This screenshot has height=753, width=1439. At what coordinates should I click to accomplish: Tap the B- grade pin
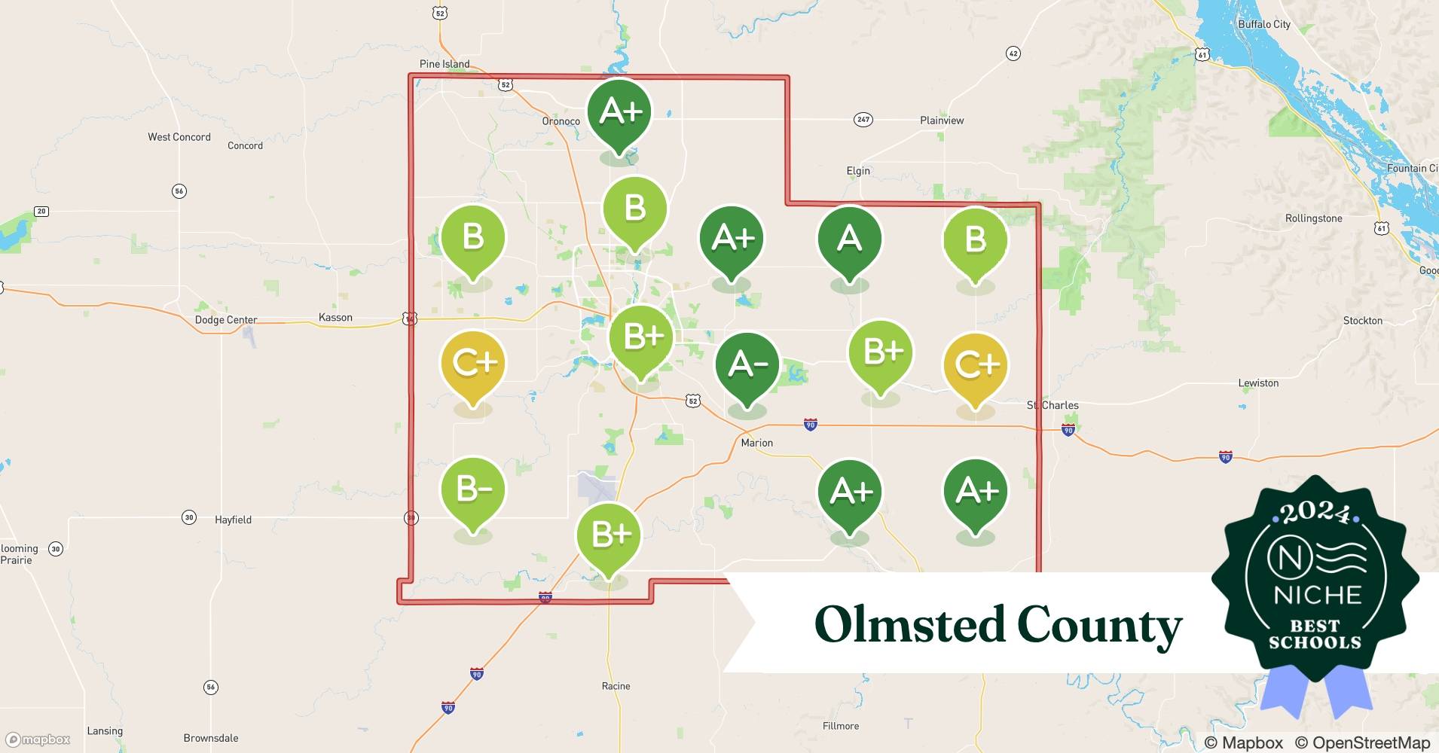[x=473, y=490]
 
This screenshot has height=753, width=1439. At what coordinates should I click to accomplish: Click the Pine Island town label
[x=445, y=64]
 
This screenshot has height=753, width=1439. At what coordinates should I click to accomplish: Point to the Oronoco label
[x=561, y=121]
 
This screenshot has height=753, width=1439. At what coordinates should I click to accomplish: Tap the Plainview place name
[x=942, y=120]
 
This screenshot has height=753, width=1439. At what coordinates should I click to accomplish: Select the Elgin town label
[x=858, y=171]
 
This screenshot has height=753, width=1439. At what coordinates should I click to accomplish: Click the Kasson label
[x=335, y=318]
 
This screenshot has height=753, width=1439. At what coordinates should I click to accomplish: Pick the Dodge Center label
[x=226, y=320]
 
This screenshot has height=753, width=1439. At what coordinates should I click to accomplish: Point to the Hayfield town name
[x=233, y=520]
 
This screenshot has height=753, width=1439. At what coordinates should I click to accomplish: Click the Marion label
[x=756, y=443]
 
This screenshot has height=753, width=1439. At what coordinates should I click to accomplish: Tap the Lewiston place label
[x=1258, y=383]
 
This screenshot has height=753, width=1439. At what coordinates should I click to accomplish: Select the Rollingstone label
[x=1313, y=218]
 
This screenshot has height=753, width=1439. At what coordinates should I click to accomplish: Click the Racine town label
[x=616, y=686]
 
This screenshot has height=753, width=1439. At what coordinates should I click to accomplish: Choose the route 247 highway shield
[x=863, y=120]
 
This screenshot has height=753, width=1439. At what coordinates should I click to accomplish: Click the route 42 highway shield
[x=1013, y=53]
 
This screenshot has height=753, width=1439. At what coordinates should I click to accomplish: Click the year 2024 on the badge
[x=1315, y=512]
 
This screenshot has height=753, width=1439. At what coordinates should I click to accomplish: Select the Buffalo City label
[x=1264, y=24]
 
